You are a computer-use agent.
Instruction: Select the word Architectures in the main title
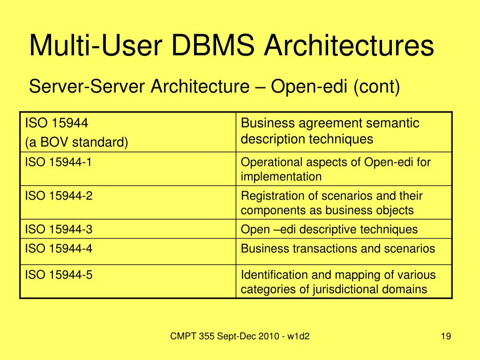[x=350, y=47]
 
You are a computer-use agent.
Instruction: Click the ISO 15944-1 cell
[x=59, y=162]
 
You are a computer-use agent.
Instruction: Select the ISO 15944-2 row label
[x=59, y=195]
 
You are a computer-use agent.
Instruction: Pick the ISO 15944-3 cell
[x=59, y=229]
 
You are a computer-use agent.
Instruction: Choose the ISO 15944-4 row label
[x=59, y=248]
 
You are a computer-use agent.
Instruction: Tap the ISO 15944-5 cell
[x=59, y=275]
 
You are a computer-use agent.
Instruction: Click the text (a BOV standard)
[x=76, y=142]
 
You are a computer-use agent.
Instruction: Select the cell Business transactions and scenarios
[x=338, y=248]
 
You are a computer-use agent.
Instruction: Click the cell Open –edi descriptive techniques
[x=329, y=229]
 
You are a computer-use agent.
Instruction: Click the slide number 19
[x=445, y=336]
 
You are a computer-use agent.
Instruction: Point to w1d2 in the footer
[x=300, y=336]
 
